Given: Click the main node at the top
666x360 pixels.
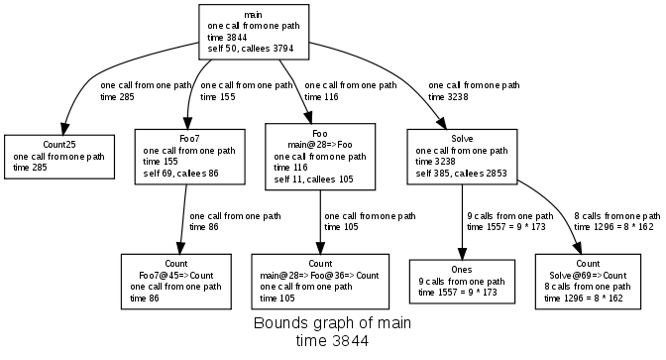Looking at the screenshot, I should [252, 30].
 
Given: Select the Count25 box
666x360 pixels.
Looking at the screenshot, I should [59, 156].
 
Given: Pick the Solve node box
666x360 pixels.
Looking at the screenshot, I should [463, 156].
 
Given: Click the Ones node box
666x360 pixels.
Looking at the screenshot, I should [463, 281].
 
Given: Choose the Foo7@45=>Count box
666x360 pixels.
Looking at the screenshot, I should [177, 280].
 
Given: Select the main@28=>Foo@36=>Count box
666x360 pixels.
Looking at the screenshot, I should [319, 280].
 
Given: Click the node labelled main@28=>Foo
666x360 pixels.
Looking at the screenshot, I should [320, 156].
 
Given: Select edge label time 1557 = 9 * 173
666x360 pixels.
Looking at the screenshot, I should [510, 227].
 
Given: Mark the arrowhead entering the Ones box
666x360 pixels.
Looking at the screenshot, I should [463, 253].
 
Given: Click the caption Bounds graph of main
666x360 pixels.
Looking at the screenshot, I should [332, 324].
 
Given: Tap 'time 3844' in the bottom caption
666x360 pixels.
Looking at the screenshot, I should [332, 341].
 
